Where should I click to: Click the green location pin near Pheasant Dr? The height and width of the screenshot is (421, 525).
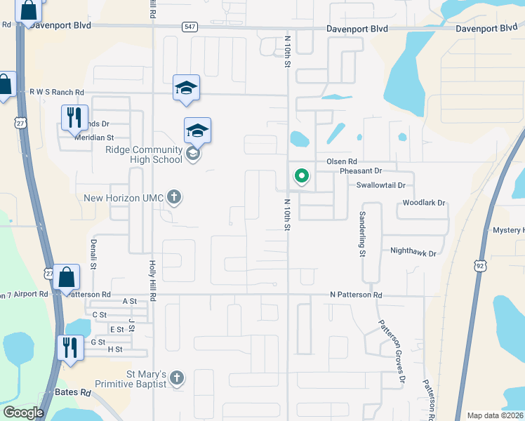[x=301, y=176]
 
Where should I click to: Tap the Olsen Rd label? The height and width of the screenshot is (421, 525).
[x=342, y=161]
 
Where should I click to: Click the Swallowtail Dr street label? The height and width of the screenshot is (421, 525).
[x=381, y=185]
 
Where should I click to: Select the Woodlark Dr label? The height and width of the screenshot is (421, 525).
[x=424, y=203]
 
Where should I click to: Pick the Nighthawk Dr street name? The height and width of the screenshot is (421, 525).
[x=413, y=251]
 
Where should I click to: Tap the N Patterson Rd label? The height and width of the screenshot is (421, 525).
[x=356, y=295]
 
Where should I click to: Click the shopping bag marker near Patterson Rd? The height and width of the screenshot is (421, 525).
[x=65, y=278]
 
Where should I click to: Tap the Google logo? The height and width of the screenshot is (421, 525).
[x=23, y=413]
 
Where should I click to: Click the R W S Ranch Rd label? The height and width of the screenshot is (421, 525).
[x=56, y=92]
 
